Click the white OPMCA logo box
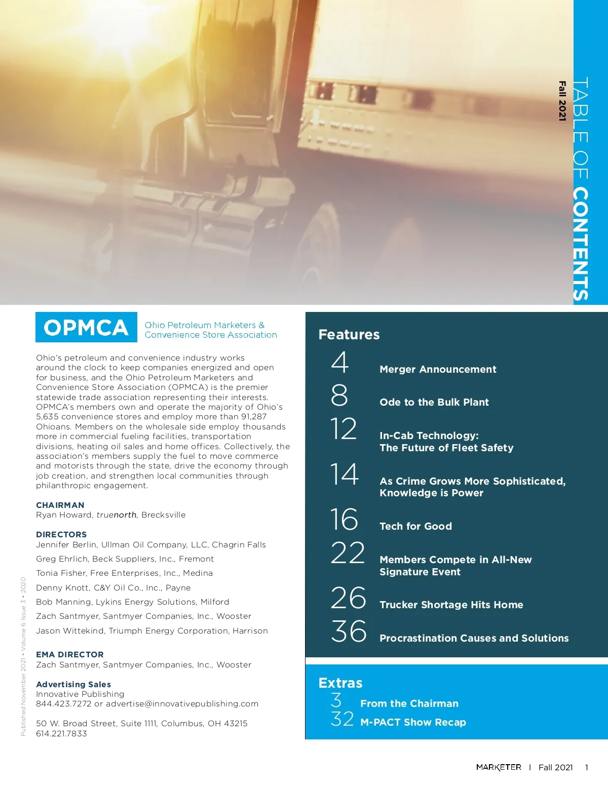tap(86, 328)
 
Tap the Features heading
tap(349, 335)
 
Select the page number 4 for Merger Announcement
tap(340, 363)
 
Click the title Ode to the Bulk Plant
tap(434, 402)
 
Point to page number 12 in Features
tap(344, 429)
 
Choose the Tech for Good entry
tap(415, 526)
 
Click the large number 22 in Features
tap(348, 553)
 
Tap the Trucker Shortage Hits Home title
tap(451, 605)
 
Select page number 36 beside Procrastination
tap(349, 632)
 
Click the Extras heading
tap(340, 683)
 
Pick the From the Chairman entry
tap(409, 703)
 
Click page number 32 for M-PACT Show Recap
tap(342, 719)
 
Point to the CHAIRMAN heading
tap(60, 505)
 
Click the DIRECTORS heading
tap(61, 534)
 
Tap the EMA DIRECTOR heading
tap(70, 654)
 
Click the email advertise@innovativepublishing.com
tap(182, 704)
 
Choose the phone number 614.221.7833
tap(61, 733)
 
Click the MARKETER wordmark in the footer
tap(499, 767)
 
